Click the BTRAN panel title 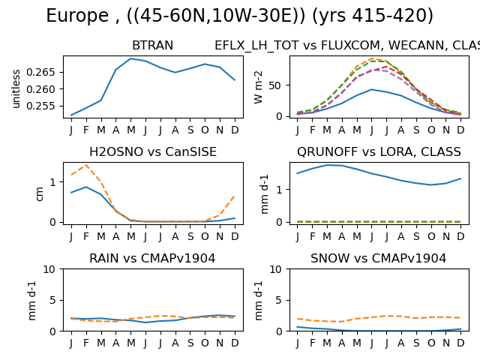click(x=152, y=46)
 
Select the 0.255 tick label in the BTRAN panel click(x=40, y=106)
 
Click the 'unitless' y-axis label click(x=16, y=88)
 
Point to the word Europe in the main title click(x=77, y=16)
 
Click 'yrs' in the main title click(x=335, y=16)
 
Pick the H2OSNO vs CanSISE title click(x=153, y=151)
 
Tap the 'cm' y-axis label click(x=39, y=194)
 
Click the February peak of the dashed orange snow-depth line click(x=86, y=165)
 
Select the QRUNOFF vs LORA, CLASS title click(x=379, y=151)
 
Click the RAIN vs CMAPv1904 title click(x=152, y=258)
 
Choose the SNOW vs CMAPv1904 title click(x=378, y=258)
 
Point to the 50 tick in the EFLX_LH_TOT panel click(x=275, y=85)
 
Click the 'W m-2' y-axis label click(x=258, y=88)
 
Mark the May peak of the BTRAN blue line click(x=131, y=58)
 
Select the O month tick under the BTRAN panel click(x=205, y=130)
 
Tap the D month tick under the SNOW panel click(x=460, y=343)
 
